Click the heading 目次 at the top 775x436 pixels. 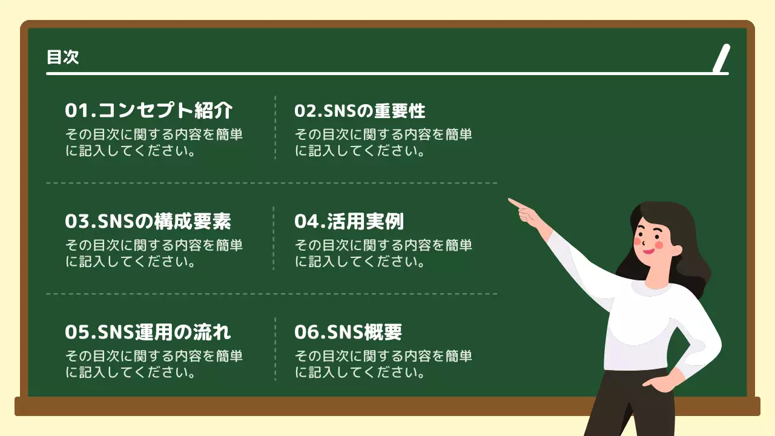(63, 58)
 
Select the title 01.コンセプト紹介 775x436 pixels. (148, 111)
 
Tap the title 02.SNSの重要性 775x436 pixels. (360, 111)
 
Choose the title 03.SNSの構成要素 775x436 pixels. (148, 222)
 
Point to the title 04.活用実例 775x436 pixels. (349, 222)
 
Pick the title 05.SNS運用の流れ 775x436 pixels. (148, 332)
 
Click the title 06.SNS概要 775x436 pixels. (348, 332)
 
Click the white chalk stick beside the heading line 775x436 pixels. (721, 59)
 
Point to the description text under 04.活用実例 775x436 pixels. (383, 254)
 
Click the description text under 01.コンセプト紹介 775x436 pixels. (154, 142)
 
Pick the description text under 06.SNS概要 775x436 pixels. (383, 364)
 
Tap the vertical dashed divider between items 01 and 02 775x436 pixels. (275, 127)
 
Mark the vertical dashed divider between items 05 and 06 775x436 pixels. (275, 349)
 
